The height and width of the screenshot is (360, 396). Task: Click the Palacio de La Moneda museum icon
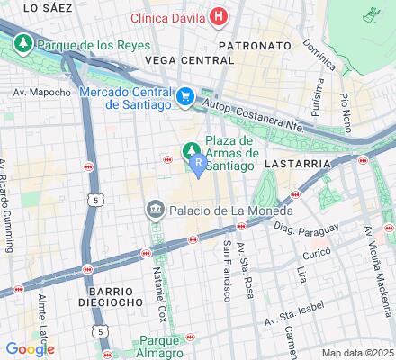pos(152,210)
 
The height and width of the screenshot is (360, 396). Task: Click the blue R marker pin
pos(198,163)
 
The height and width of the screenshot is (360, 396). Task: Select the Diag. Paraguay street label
pos(297,230)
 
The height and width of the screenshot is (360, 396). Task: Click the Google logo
pos(29,348)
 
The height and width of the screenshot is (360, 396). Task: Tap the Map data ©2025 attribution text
pos(358,352)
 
